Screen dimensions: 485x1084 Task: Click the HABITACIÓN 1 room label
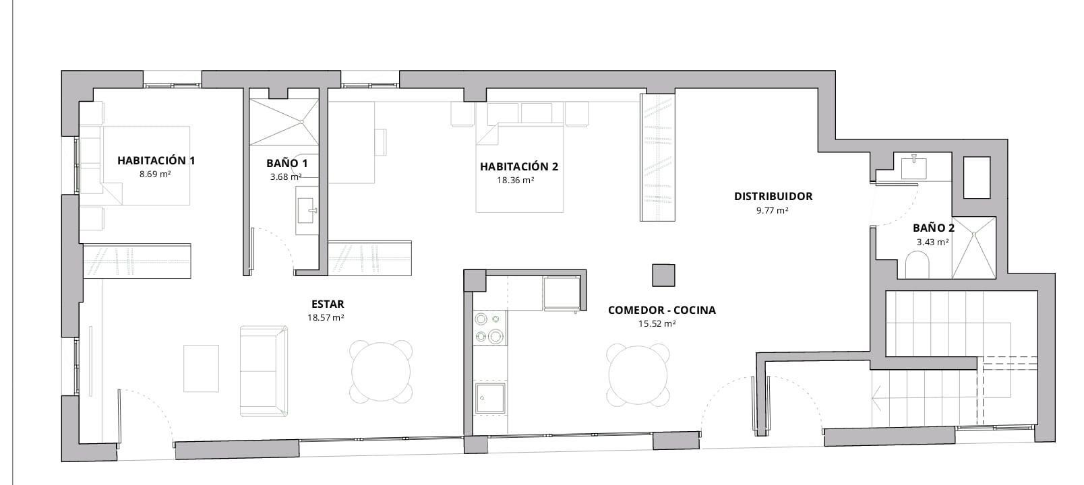click(156, 160)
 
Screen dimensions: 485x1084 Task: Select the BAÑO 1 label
click(287, 163)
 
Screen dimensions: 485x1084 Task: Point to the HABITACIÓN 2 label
click(518, 166)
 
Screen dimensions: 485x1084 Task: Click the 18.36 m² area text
click(516, 181)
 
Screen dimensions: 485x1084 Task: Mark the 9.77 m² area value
click(773, 210)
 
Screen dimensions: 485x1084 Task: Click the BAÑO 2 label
click(933, 228)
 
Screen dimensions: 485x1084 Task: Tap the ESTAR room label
click(328, 304)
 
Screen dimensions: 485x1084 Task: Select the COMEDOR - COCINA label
click(661, 310)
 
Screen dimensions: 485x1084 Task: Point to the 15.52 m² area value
click(657, 323)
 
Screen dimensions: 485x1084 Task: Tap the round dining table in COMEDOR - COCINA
click(638, 375)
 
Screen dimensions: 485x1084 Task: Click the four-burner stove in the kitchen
click(489, 327)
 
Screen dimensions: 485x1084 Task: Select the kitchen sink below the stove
click(489, 399)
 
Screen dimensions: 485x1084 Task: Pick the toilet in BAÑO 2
click(919, 265)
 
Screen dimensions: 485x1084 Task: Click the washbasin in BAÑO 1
click(307, 210)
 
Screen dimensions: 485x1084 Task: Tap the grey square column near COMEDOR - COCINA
click(663, 276)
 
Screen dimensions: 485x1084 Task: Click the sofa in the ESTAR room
click(264, 370)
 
